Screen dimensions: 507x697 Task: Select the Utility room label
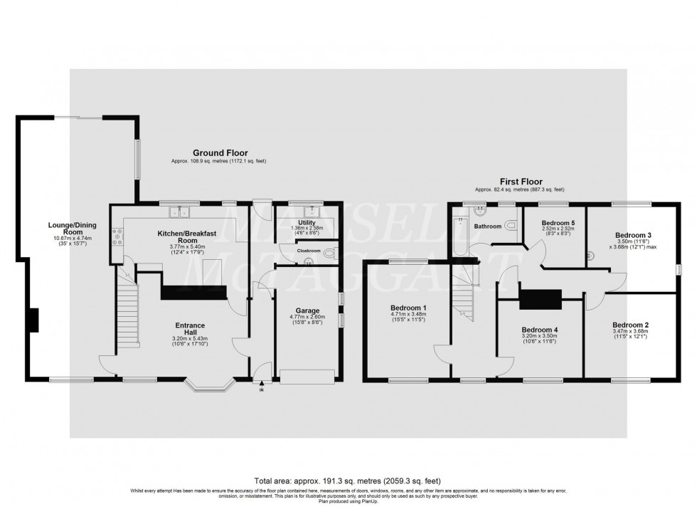point(307,223)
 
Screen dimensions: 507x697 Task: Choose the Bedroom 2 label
point(630,325)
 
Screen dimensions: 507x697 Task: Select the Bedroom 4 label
point(539,330)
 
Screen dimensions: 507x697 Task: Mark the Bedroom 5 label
point(558,223)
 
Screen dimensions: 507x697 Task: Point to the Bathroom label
point(488,226)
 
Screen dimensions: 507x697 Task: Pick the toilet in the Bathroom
point(511,226)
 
